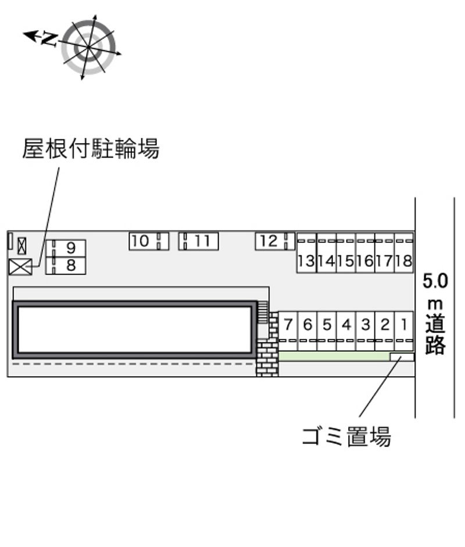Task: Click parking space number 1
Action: [x=404, y=331]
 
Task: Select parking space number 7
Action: [x=288, y=331]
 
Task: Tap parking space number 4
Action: [x=346, y=331]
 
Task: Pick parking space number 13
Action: [x=307, y=253]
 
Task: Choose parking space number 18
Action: [x=404, y=253]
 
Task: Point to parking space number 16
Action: [x=365, y=253]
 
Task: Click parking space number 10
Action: [x=149, y=241]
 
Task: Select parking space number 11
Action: [x=198, y=241]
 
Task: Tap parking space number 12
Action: [x=275, y=241]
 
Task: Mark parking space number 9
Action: [x=66, y=248]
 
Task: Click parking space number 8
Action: [x=66, y=266]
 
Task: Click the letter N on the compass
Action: [x=49, y=38]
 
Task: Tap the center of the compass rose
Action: [x=88, y=47]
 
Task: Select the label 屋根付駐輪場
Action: [x=91, y=149]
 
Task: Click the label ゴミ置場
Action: [x=346, y=436]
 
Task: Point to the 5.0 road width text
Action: [x=435, y=281]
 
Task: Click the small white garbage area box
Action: [x=402, y=357]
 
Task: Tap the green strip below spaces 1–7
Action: [x=334, y=356]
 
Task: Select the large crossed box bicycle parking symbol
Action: [x=20, y=267]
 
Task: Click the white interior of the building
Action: [x=135, y=330]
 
